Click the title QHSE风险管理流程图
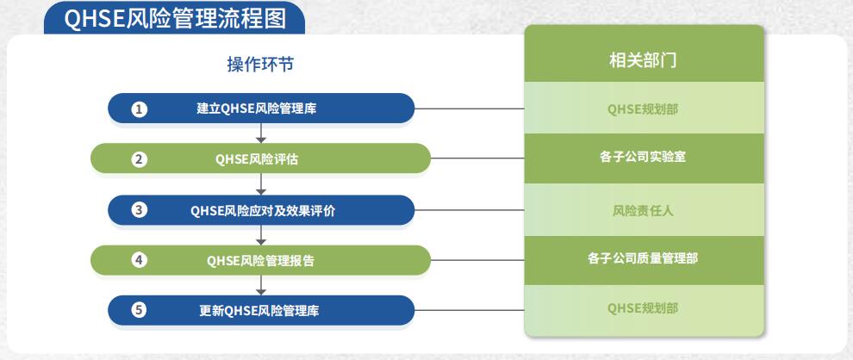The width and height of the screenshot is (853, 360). point(175,18)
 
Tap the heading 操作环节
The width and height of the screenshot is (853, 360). point(260,65)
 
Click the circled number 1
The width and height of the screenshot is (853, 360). point(140,109)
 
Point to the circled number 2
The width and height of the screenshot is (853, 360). point(140,159)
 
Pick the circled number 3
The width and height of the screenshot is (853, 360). point(140,210)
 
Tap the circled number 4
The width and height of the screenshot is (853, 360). point(140,260)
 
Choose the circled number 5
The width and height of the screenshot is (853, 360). point(140,311)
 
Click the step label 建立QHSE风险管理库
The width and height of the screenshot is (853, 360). point(257,109)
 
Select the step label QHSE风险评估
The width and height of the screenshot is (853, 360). point(257,159)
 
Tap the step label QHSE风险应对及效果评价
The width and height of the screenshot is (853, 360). point(263,210)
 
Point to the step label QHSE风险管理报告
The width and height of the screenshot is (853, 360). point(260,261)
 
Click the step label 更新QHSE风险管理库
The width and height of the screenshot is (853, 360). point(259,311)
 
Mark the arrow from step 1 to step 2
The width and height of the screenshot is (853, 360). point(261,133)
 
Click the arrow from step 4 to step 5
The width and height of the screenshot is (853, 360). point(261,285)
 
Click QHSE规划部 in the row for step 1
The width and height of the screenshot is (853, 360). point(643,109)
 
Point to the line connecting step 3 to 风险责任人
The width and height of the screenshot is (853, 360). point(470,210)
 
